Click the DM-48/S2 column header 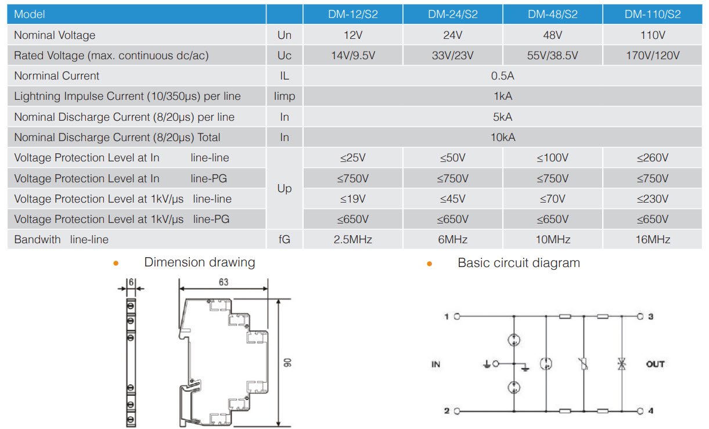coord(552,15)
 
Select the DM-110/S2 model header coord(652,15)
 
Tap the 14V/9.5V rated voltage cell coord(352,56)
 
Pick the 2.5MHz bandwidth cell coord(352,239)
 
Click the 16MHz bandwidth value coord(652,239)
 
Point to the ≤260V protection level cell coord(652,158)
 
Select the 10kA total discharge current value coord(502,138)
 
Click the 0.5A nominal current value coord(502,76)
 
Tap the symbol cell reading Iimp coord(285,96)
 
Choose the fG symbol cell coord(285,239)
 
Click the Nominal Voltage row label coord(55,35)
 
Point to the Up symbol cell coord(285,189)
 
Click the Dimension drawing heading coord(199,262)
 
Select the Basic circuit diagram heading coord(519,263)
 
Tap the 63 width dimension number coord(224,282)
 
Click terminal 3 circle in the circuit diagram coord(640,317)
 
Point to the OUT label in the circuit coord(655,365)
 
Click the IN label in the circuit coord(436,365)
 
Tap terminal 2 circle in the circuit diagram coord(457,411)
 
